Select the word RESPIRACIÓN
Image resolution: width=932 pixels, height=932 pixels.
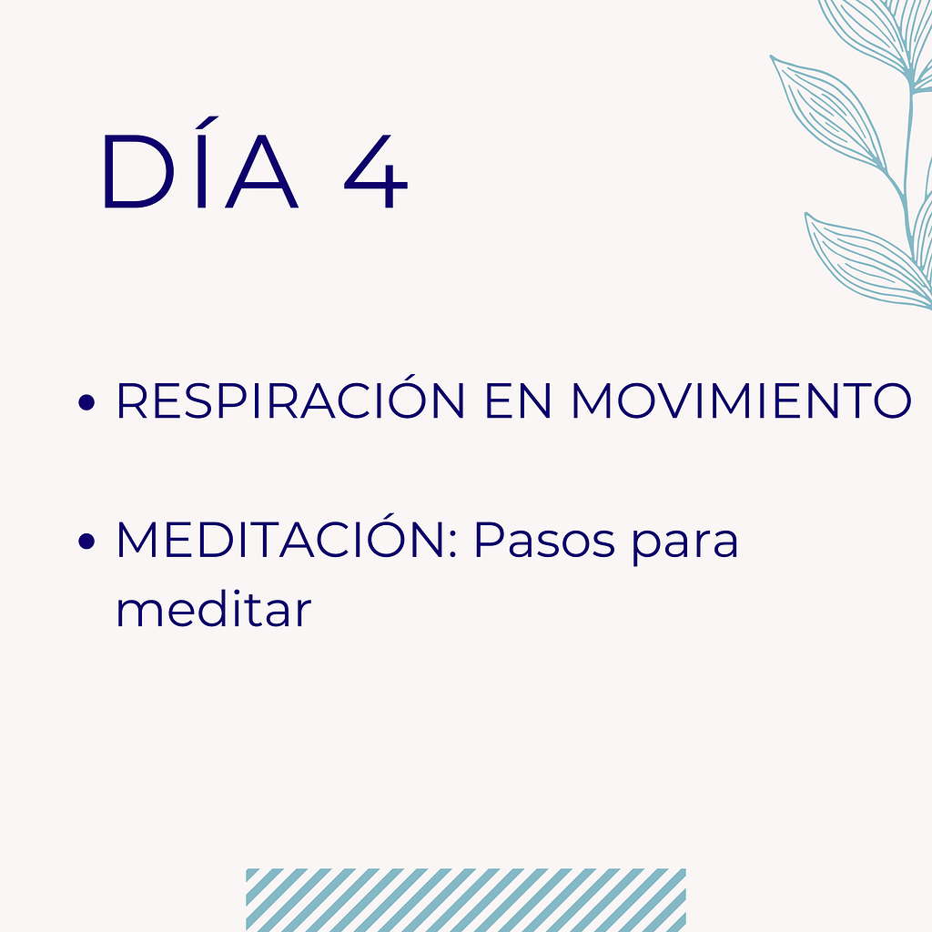[x=290, y=402]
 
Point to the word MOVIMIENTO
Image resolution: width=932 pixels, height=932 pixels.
[x=741, y=402]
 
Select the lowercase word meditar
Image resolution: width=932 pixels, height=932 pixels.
[x=213, y=610]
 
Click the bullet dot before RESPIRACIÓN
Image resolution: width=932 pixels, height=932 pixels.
[x=87, y=403]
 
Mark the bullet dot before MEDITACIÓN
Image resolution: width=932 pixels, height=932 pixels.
[x=87, y=543]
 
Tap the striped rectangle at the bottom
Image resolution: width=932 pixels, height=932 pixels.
[x=465, y=899]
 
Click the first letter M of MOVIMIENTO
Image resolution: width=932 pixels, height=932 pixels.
[x=597, y=402]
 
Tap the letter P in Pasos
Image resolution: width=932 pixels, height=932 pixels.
[x=489, y=542]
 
